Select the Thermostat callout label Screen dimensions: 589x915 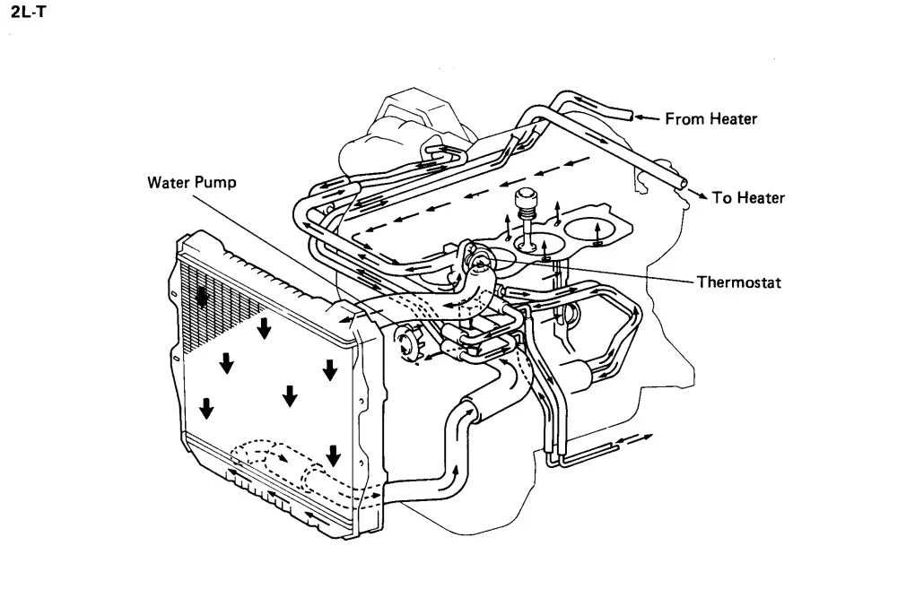pos(740,282)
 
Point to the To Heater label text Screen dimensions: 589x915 pos(748,198)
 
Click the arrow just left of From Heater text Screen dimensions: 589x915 pos(649,117)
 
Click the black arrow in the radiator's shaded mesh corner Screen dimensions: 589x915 pos(205,296)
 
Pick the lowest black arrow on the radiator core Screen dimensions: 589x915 pos(333,455)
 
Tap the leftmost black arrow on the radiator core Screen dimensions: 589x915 pos(207,409)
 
